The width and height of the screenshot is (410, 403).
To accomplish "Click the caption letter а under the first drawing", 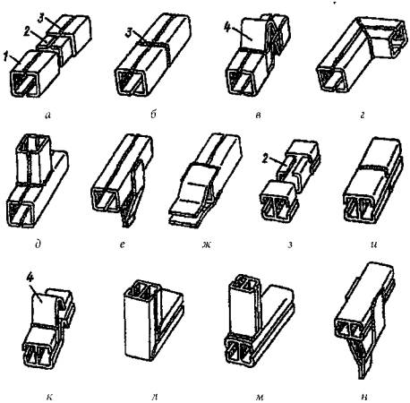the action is click(47, 116).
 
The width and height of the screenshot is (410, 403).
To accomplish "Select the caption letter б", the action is click(154, 115).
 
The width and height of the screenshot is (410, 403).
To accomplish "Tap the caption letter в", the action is click(259, 116).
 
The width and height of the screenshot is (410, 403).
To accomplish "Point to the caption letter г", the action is click(363, 116).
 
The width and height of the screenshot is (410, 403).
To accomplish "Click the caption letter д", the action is click(38, 244).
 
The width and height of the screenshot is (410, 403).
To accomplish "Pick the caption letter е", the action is click(122, 245).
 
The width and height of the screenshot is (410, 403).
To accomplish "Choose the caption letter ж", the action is click(206, 245).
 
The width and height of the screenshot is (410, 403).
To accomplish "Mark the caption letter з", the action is click(290, 245).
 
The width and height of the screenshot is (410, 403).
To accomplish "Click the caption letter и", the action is click(375, 245).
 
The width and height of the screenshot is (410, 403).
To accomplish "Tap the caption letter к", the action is click(49, 397).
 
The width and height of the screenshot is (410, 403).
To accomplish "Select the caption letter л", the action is click(155, 397).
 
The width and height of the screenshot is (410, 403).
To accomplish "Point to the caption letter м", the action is click(259, 397).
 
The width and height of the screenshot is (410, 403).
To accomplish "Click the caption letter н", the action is click(364, 397).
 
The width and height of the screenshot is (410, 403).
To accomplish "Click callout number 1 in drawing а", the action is click(6, 57).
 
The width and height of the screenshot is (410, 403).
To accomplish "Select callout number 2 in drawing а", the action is click(28, 31).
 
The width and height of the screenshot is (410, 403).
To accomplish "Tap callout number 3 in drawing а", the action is click(41, 19).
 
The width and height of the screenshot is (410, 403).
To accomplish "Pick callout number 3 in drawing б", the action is click(129, 33).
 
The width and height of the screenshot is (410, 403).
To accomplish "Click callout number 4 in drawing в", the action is click(227, 29).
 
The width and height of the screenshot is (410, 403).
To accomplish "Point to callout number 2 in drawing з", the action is click(265, 159).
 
